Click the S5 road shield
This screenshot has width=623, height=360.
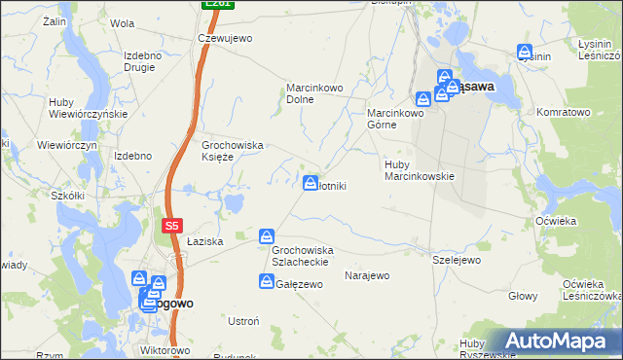tap(171, 226)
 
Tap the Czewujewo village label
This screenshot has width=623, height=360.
tap(225, 38)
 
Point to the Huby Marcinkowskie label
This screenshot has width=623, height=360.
tap(420, 170)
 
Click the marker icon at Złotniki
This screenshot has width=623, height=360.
tap(311, 182)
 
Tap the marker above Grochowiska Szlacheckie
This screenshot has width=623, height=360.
tap(267, 236)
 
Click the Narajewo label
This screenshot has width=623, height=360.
tap(367, 275)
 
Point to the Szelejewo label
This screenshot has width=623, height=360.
tap(457, 260)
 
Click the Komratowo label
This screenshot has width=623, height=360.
tap(564, 113)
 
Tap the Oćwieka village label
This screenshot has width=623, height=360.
tap(556, 221)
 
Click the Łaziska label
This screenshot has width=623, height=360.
tap(205, 240)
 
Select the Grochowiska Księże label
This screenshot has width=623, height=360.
tap(233, 151)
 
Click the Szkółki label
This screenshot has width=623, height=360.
tap(68, 195)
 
